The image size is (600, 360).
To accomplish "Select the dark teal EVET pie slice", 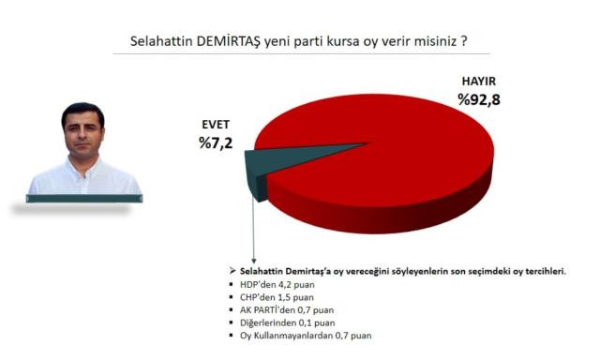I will tap(252, 172).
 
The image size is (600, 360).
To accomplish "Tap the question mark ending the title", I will tap(463, 43).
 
